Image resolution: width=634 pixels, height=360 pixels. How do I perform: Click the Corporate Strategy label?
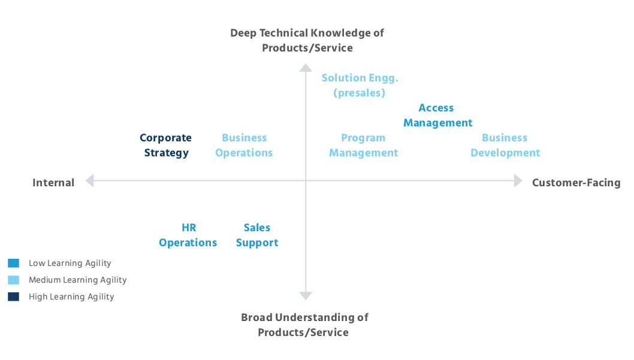pos(166,146)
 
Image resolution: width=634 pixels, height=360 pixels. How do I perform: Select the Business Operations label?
pos(244,146)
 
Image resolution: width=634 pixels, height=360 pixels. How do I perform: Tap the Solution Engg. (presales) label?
pos(360,86)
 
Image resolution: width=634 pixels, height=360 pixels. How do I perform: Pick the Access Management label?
pos(437,116)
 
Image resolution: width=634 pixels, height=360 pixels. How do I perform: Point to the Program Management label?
pos(363,146)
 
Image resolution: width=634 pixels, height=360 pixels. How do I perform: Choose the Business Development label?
pos(505,146)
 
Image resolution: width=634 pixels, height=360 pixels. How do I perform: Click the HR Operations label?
pos(188,235)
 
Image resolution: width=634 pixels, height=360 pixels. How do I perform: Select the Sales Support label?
pos(256,235)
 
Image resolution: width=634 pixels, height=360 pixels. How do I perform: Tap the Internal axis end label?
pos(53,183)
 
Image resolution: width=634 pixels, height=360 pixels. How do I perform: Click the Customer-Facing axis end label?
pos(576,183)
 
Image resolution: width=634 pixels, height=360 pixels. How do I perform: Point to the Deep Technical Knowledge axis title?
pos(307,40)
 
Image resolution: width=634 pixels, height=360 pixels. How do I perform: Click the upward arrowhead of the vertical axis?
pos(306,67)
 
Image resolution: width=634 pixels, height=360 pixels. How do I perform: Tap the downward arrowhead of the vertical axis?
pos(306,296)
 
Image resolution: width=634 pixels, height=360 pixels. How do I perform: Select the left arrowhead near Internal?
pos(89,180)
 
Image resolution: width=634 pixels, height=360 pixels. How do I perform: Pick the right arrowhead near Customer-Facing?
pos(519,180)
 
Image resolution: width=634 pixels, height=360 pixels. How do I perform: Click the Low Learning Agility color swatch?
pos(14,263)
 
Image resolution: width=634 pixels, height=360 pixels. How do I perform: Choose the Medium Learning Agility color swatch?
pos(14,280)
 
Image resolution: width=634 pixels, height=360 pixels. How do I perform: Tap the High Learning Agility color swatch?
pos(14,297)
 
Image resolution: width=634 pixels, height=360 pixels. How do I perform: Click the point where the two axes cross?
pos(306,180)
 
